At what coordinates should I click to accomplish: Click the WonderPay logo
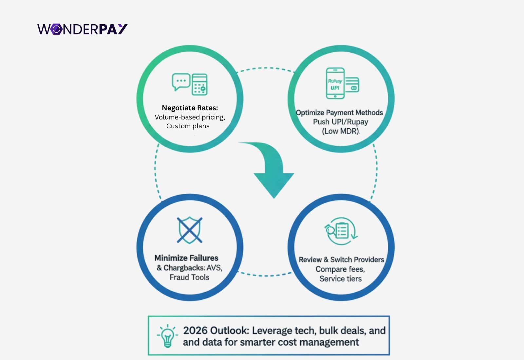(82, 29)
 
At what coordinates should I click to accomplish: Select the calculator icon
(199, 84)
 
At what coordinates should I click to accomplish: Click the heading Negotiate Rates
(190, 108)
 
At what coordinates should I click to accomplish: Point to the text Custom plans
(188, 126)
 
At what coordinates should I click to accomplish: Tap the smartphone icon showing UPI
(335, 83)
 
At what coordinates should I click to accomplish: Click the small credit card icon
(352, 85)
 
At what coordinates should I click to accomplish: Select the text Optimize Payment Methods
(339, 113)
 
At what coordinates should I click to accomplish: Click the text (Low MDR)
(341, 131)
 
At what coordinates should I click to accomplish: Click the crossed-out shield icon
(190, 230)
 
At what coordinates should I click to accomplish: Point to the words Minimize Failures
(186, 258)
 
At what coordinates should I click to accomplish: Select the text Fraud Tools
(189, 277)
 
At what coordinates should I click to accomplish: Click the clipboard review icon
(341, 231)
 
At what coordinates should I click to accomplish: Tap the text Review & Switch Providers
(341, 260)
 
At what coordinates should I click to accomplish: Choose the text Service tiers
(341, 279)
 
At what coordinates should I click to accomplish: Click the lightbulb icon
(167, 336)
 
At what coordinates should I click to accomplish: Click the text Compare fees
(340, 269)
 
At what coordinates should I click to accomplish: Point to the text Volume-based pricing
(190, 117)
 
